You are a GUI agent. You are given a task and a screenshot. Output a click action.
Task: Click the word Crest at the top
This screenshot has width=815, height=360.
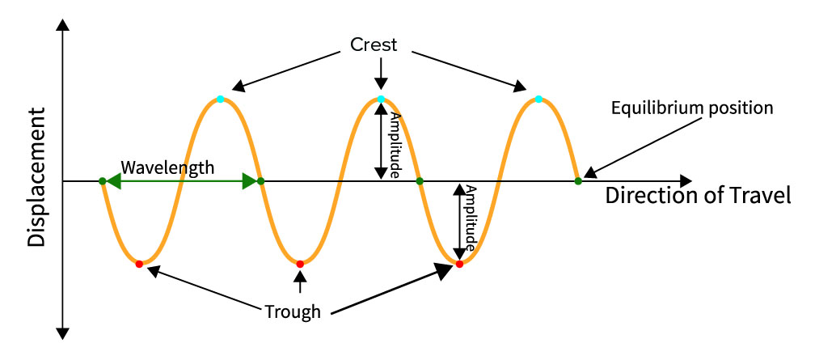[x=374, y=44]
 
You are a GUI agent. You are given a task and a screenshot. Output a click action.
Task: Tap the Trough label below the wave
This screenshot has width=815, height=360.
[x=293, y=311]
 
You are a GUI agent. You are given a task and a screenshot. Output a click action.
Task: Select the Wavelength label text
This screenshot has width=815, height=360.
[x=167, y=167]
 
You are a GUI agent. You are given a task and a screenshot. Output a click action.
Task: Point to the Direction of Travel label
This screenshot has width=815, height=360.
[x=698, y=195]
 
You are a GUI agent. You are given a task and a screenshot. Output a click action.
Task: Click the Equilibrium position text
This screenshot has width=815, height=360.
[x=692, y=108]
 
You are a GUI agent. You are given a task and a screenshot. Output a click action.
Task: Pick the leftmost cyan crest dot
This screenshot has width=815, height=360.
[x=221, y=100]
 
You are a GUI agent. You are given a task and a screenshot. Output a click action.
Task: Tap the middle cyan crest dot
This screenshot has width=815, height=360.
[x=381, y=100]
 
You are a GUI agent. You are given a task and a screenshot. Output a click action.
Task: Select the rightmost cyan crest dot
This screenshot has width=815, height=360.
[x=538, y=100]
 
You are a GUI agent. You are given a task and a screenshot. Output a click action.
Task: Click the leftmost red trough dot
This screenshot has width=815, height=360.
[x=139, y=264]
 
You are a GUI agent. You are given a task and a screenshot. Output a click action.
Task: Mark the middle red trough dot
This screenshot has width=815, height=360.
[x=300, y=264]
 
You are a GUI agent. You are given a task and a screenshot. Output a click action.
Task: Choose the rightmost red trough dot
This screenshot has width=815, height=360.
[x=459, y=264]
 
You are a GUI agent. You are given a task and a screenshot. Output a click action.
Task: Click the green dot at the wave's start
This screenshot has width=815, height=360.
[x=102, y=181]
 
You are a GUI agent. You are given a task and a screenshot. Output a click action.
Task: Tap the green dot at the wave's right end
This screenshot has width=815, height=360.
[x=578, y=181]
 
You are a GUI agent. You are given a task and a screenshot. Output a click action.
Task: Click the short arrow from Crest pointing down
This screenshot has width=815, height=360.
[x=381, y=74]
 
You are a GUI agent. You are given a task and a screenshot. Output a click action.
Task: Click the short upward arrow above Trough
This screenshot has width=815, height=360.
[x=300, y=282]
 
